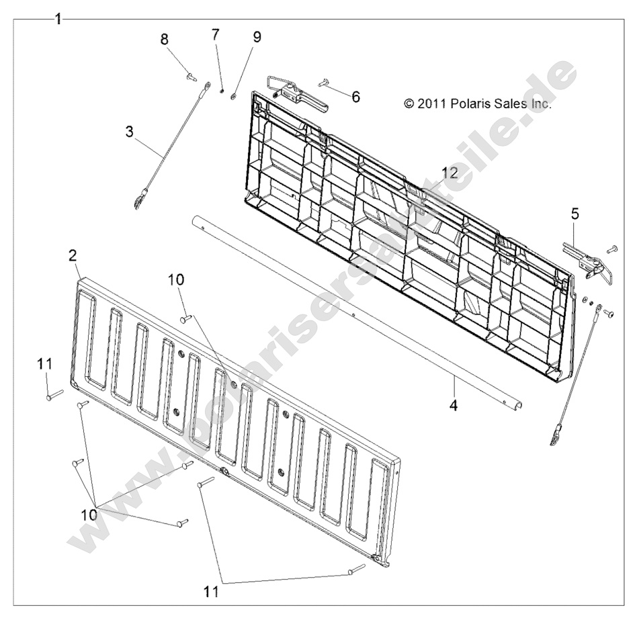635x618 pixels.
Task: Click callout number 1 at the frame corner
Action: click(x=58, y=19)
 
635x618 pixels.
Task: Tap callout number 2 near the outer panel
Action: click(x=73, y=255)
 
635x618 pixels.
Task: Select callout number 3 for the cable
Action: click(x=129, y=132)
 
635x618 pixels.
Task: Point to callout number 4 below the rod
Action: click(x=454, y=404)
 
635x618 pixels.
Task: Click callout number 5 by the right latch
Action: click(x=575, y=214)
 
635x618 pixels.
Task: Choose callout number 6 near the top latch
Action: click(x=355, y=97)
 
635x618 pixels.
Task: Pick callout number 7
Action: click(x=214, y=34)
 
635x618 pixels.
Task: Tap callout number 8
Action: click(x=164, y=39)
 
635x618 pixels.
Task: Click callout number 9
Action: click(x=257, y=37)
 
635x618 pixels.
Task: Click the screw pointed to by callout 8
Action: click(x=189, y=76)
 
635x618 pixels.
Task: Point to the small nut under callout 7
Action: click(x=222, y=91)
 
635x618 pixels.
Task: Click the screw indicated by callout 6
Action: click(x=323, y=83)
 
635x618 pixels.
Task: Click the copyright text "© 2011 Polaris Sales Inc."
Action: click(x=478, y=104)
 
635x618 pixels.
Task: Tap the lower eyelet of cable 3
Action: click(x=138, y=201)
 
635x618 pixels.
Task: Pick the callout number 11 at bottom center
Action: click(x=212, y=591)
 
